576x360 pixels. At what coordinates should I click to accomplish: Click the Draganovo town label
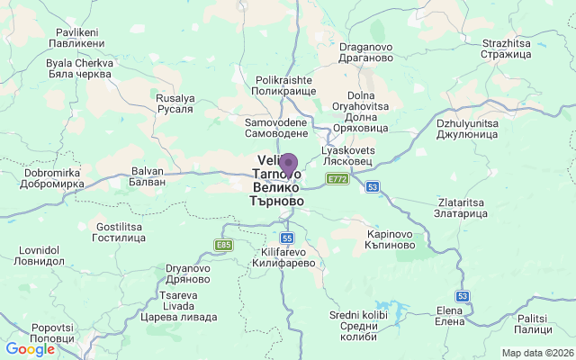365,51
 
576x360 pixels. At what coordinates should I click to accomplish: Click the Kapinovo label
391,239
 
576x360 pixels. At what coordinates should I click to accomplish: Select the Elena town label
449,316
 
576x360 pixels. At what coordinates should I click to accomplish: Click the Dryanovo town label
187,274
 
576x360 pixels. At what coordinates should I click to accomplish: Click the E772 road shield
337,180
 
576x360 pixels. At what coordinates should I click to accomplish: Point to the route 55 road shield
287,238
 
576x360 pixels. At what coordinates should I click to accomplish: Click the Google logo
30,349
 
